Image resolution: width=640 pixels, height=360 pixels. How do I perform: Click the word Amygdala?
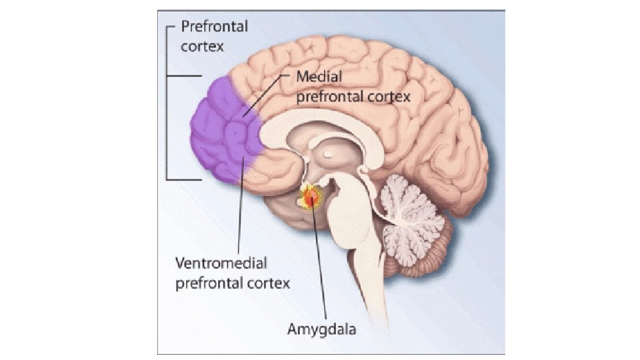click(x=322, y=329)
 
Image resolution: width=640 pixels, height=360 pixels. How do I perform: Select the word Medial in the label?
click(x=319, y=77)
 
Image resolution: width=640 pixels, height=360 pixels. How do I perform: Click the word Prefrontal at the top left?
click(x=215, y=27)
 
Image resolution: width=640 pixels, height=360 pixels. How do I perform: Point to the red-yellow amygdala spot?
click(x=311, y=197)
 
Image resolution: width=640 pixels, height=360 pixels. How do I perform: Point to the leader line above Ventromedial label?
click(x=239, y=213)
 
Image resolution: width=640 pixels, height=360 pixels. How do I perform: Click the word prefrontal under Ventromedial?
click(x=207, y=283)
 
